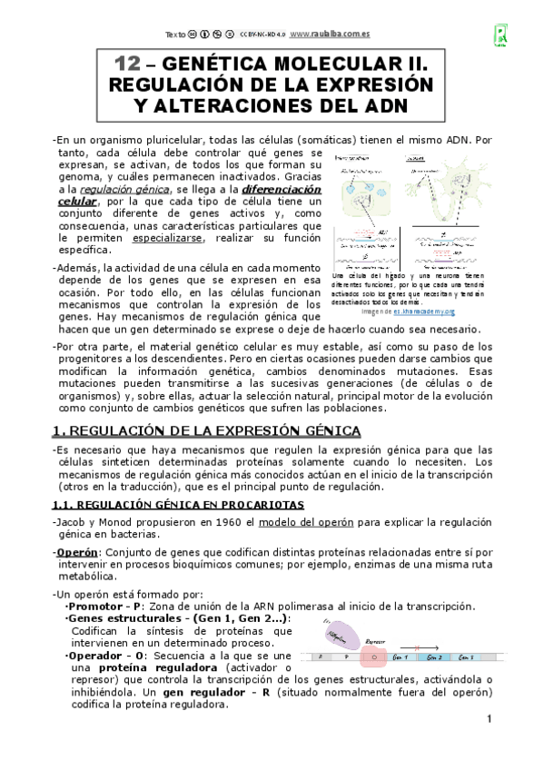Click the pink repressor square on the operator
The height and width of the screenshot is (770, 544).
coord(368,656)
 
